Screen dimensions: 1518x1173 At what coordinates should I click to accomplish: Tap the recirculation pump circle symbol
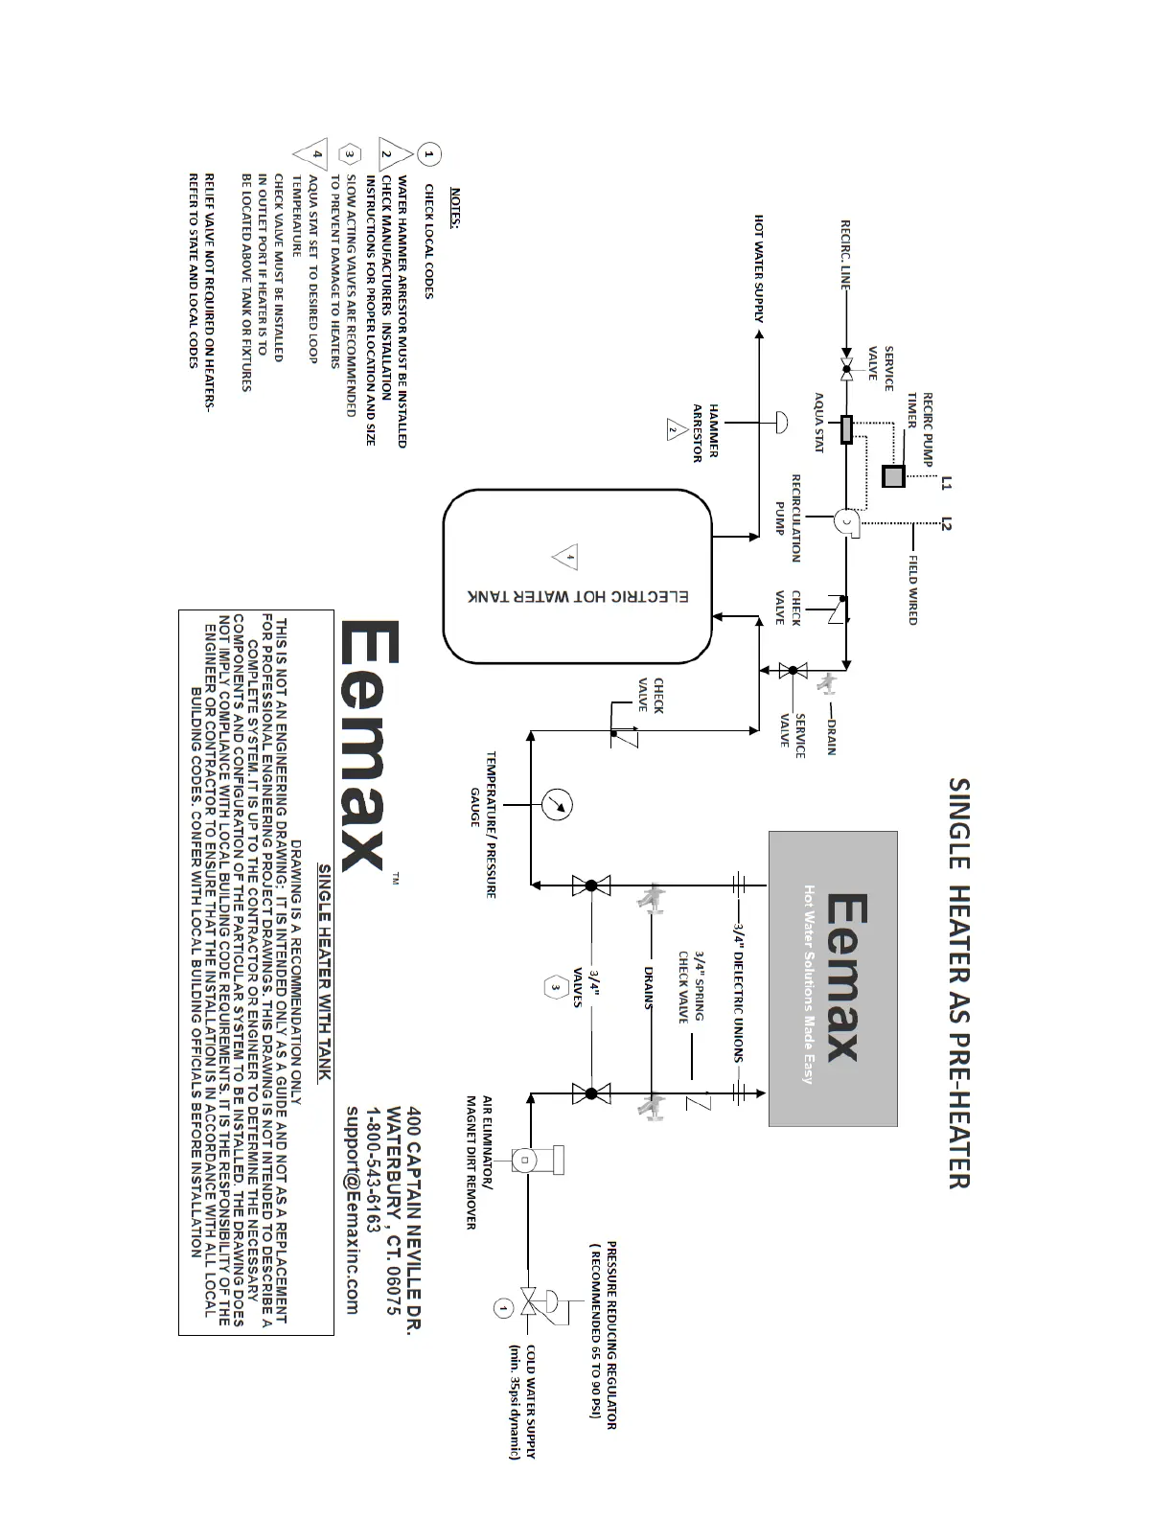(847, 521)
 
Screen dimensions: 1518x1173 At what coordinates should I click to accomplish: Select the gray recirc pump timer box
(892, 476)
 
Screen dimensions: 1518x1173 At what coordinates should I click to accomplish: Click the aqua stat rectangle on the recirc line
(846, 429)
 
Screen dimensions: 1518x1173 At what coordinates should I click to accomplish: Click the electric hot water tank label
(578, 596)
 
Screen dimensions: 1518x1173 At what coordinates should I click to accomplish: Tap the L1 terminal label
(947, 482)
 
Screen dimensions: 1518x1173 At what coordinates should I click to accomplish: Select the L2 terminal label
(947, 523)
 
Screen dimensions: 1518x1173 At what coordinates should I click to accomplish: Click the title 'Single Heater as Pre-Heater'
(959, 982)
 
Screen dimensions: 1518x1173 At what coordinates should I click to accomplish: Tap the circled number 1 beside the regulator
(503, 1306)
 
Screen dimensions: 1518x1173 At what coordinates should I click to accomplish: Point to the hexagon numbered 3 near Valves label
(556, 987)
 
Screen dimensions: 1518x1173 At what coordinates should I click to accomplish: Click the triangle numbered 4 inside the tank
(566, 557)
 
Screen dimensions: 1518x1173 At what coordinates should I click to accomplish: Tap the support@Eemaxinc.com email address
(352, 1210)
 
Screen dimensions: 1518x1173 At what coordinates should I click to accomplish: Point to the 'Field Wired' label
(913, 589)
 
